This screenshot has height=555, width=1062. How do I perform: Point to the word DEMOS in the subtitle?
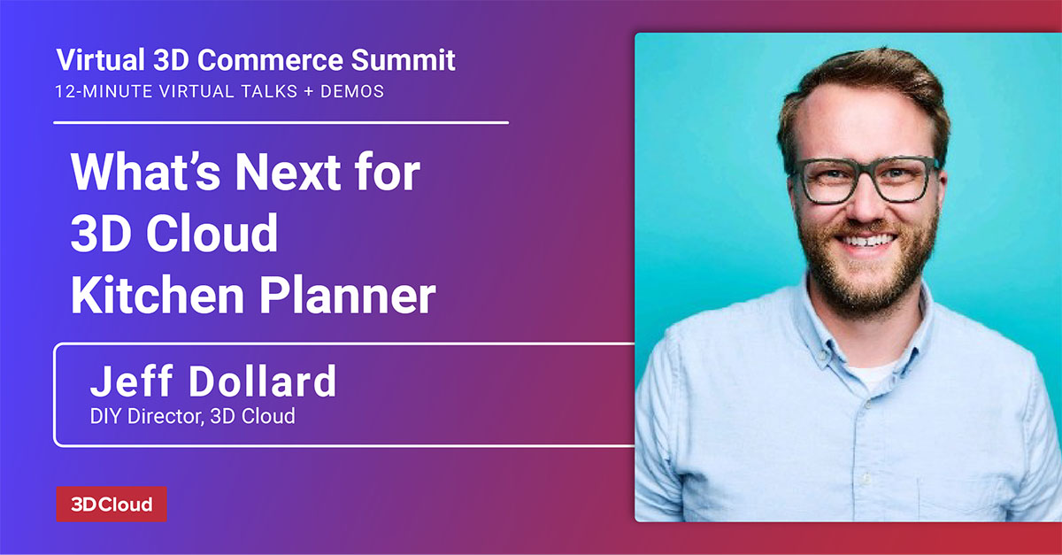click(352, 91)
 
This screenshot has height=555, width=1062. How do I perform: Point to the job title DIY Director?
click(142, 415)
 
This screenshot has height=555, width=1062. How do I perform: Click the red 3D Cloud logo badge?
click(112, 505)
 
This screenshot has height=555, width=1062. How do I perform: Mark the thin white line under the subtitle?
click(281, 122)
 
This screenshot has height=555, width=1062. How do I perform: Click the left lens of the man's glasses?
click(826, 182)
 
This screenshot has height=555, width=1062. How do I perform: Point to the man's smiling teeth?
click(868, 241)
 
